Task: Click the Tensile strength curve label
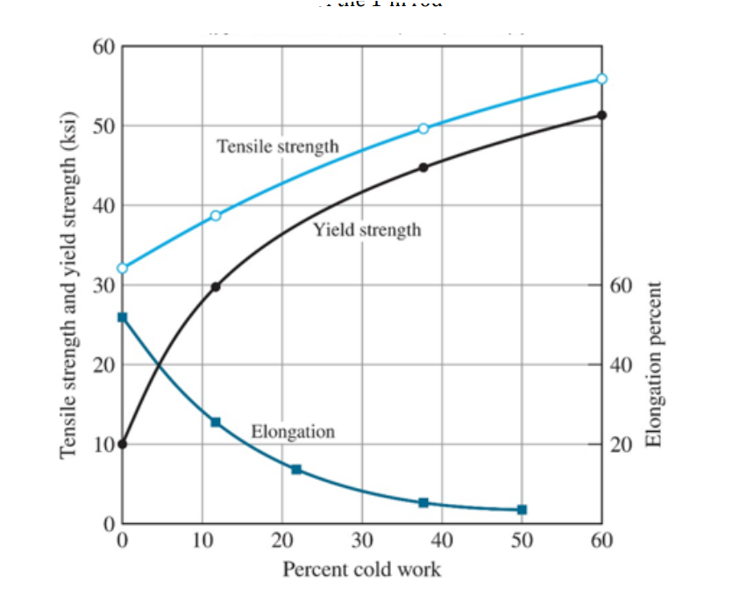(x=277, y=146)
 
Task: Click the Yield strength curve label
(x=366, y=230)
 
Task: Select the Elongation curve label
(x=293, y=431)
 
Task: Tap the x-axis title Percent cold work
(x=361, y=569)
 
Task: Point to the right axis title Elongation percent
(x=652, y=364)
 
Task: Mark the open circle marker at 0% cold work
(x=122, y=268)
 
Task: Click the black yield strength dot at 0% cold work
(x=122, y=443)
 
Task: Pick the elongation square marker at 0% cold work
(x=122, y=317)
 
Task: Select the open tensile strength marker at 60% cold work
(x=601, y=79)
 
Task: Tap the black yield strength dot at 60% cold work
(x=601, y=115)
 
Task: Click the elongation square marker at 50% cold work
(x=522, y=509)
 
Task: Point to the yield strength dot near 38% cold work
(x=423, y=167)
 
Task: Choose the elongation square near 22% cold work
(x=296, y=470)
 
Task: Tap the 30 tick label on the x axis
(x=361, y=538)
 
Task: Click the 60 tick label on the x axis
(x=601, y=538)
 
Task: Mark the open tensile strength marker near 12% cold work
(x=216, y=216)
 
